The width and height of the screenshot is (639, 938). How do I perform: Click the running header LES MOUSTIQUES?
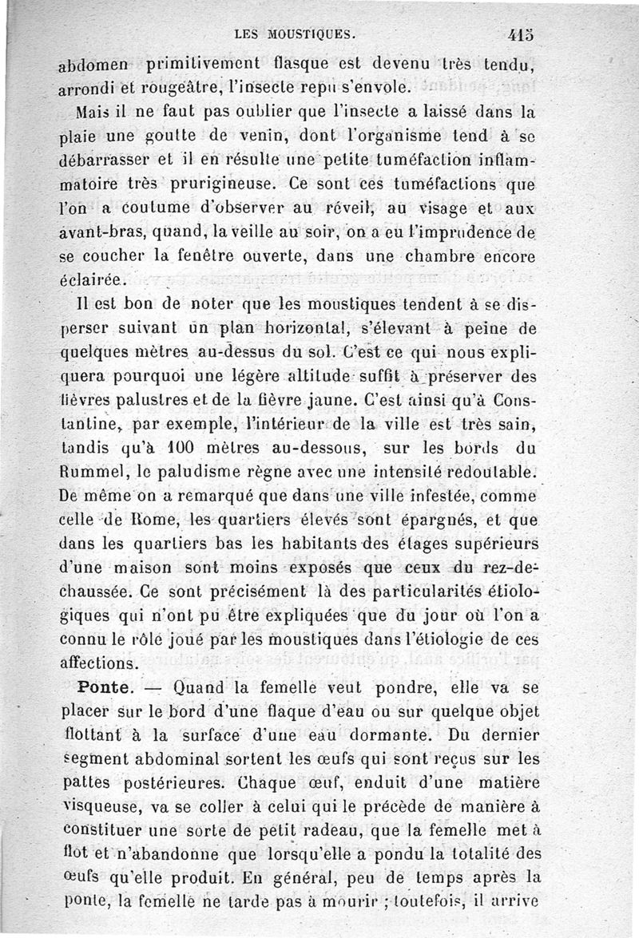[296, 34]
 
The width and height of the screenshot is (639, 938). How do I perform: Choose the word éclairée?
[93, 280]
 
